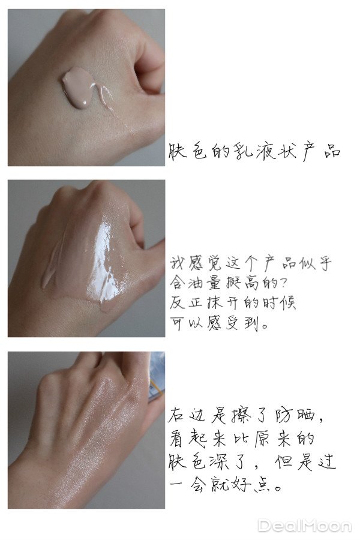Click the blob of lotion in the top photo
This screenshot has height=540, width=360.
coord(77,87)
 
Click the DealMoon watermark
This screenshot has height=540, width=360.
coord(305,526)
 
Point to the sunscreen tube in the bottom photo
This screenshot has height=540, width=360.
coord(157,377)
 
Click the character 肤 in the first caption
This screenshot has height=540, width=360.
coord(178,151)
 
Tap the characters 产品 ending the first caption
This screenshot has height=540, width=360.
coord(322,151)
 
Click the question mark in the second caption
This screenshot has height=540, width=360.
coord(283,283)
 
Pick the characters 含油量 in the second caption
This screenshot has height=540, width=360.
coord(196,283)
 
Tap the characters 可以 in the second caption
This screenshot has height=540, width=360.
coord(186,323)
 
